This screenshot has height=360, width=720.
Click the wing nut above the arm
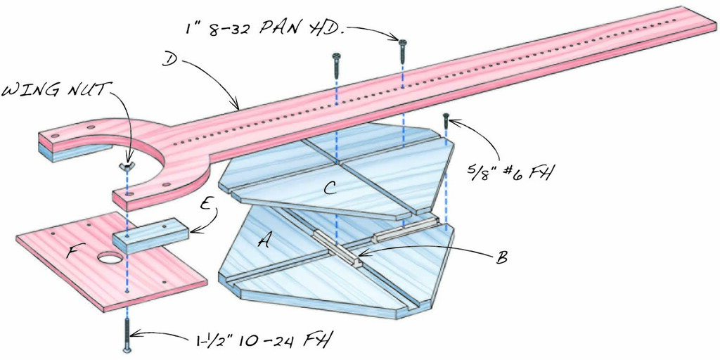[127, 167]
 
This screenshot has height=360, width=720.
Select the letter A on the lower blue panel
[265, 241]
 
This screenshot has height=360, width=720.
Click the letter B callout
[502, 257]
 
